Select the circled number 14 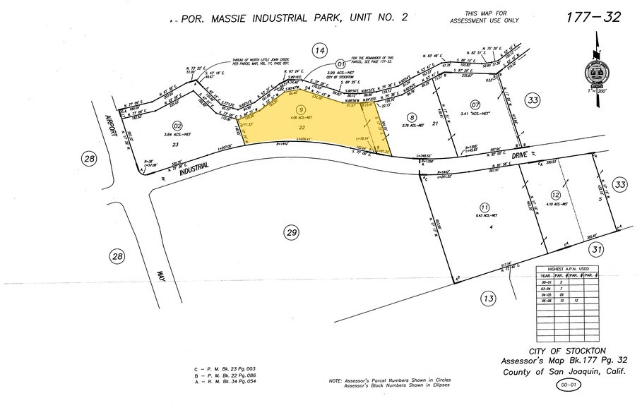[x=320, y=49]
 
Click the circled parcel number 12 [x=556, y=194]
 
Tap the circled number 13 [x=487, y=299]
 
